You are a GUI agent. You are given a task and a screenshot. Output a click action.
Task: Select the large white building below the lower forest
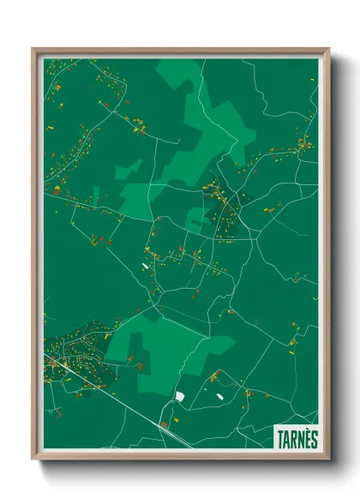click(180, 396)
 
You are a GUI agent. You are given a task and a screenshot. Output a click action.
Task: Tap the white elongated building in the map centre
click(145, 267)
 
